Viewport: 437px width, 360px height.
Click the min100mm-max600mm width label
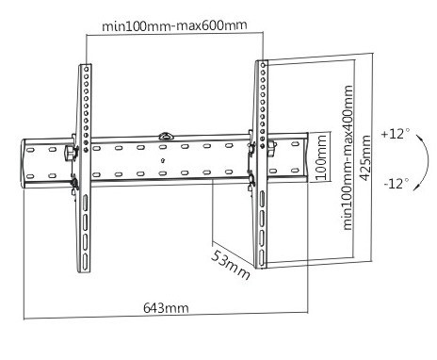(174, 25)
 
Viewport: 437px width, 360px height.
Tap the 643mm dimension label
(166, 308)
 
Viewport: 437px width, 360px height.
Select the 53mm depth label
(231, 264)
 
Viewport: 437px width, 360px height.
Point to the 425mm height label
(364, 158)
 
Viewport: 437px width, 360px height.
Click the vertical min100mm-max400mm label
(348, 157)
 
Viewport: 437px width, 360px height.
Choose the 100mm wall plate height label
(321, 157)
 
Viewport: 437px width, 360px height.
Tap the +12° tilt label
(396, 134)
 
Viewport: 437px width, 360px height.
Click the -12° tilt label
(397, 183)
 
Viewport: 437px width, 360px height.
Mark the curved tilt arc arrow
(428, 162)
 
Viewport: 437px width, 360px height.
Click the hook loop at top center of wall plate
(166, 137)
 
